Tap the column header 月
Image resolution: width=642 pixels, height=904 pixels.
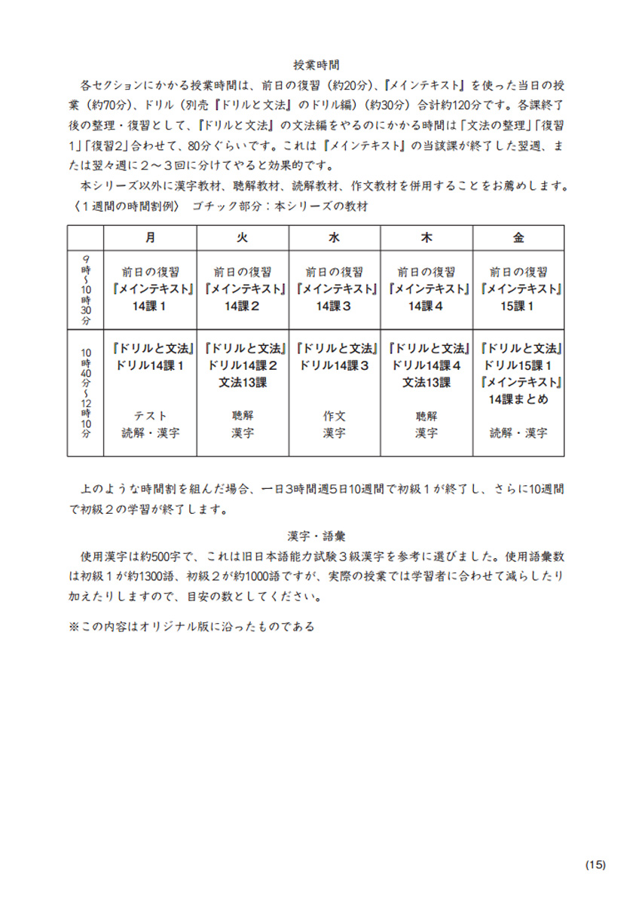pos(151,237)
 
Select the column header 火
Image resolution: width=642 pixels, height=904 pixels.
pos(243,237)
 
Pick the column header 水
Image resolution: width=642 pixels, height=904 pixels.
pos(335,237)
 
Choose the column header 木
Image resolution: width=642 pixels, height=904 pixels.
pos(426,237)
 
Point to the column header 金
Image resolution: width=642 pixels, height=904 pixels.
pos(518,237)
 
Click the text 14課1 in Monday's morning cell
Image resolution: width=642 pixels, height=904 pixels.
pos(151,306)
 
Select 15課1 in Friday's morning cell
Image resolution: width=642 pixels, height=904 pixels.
pos(518,306)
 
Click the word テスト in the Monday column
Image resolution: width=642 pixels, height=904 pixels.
pos(151,416)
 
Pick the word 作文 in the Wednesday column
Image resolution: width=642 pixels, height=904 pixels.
pos(335,416)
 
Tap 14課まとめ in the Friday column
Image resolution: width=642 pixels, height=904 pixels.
pos(518,399)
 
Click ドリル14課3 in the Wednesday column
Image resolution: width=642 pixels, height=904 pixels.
pos(335,365)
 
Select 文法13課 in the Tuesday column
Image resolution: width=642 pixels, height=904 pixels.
pos(243,382)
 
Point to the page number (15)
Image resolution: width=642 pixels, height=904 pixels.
pos(595,864)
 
